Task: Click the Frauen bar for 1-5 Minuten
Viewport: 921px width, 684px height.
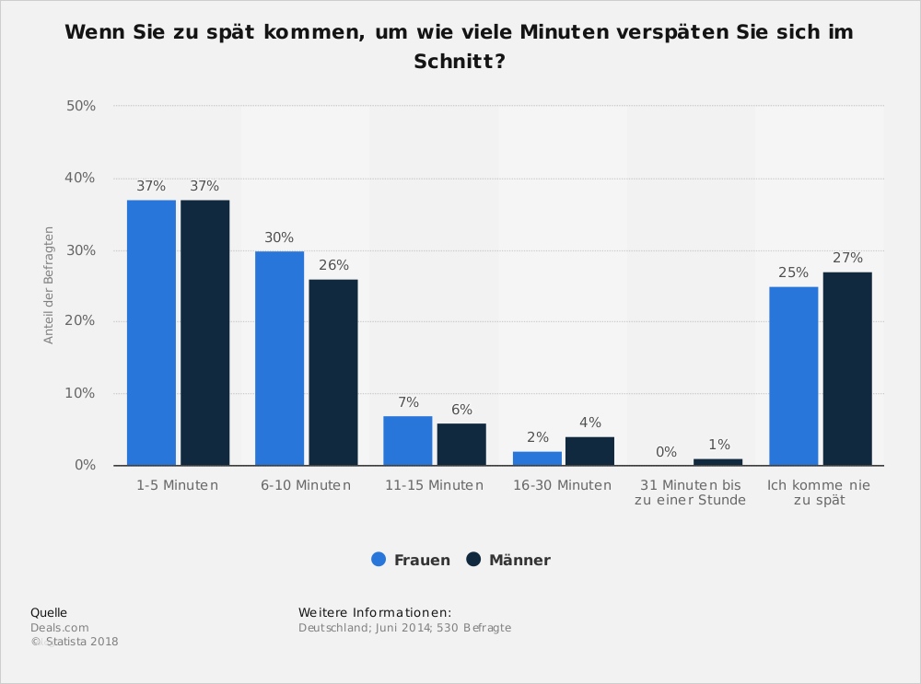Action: [x=151, y=332]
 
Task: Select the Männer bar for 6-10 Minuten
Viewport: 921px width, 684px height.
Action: [x=333, y=372]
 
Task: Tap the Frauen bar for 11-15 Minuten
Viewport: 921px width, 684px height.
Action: [x=408, y=441]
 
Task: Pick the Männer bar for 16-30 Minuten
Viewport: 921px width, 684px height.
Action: [x=589, y=451]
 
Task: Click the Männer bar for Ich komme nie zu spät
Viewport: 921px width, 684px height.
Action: [x=847, y=368]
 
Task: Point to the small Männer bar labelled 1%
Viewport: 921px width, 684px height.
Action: [x=717, y=462]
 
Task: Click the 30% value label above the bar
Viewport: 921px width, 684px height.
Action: [x=278, y=238]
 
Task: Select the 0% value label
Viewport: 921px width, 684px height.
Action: [x=666, y=452]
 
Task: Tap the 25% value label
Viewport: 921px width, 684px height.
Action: [x=793, y=272]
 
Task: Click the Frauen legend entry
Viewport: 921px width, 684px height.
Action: [x=412, y=560]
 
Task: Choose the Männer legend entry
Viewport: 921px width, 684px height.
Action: [x=508, y=560]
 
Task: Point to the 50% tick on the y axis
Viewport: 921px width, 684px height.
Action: [x=81, y=106]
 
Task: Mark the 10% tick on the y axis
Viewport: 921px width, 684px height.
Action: [x=81, y=393]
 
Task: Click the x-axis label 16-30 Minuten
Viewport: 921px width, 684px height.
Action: [x=562, y=485]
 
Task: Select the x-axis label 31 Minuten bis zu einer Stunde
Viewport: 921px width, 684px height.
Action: [x=691, y=493]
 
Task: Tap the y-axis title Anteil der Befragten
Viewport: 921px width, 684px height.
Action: [x=49, y=285]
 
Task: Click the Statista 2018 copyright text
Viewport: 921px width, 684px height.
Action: [x=76, y=642]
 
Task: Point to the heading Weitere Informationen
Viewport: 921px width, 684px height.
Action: [x=375, y=612]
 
